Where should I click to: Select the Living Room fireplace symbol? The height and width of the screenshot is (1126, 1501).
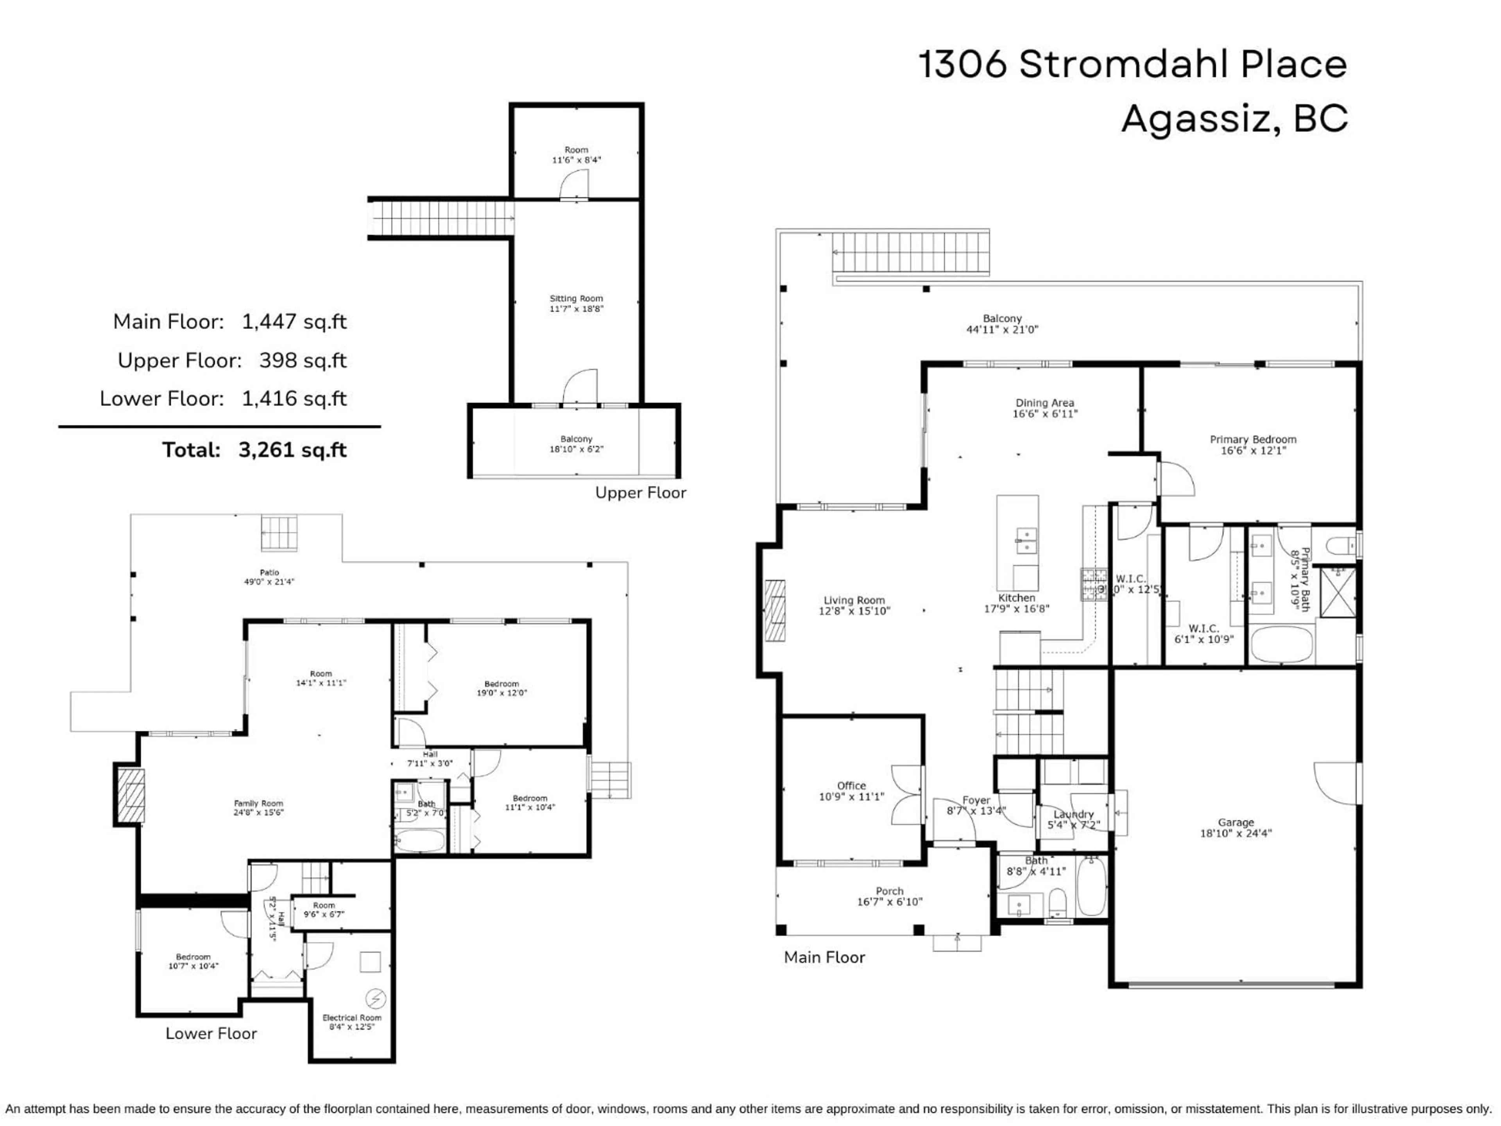pos(775,610)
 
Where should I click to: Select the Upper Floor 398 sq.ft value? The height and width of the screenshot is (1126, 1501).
pos(303,360)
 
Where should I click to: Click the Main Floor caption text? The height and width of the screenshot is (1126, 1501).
pos(824,957)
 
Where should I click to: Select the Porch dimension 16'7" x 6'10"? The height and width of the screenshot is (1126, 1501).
pos(890,902)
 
